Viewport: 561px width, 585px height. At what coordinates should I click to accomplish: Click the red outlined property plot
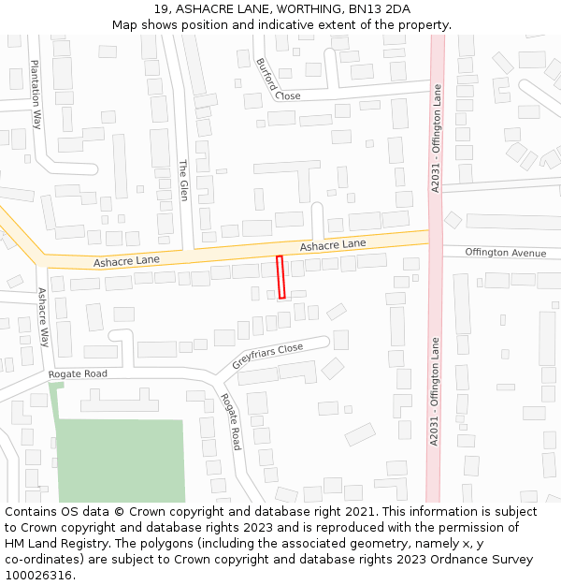pyautogui.click(x=280, y=277)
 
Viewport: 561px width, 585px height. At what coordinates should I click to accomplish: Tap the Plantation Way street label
pyautogui.click(x=36, y=94)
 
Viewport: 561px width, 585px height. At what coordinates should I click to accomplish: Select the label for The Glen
pyautogui.click(x=183, y=180)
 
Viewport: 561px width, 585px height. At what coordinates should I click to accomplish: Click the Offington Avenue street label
pyautogui.click(x=505, y=253)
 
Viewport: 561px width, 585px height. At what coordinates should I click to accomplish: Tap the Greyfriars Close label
pyautogui.click(x=267, y=356)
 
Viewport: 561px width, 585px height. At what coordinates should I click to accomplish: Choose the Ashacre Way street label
pyautogui.click(x=43, y=316)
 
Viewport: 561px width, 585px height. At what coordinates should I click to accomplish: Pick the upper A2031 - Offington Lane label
pyautogui.click(x=435, y=139)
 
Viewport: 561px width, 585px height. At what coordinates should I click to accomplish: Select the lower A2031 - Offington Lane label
pyautogui.click(x=434, y=391)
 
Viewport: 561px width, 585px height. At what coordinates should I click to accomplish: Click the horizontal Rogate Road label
pyautogui.click(x=78, y=374)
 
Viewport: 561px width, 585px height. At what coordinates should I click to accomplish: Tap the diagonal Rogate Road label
pyautogui.click(x=230, y=421)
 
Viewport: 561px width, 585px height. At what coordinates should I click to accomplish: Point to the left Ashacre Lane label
pyautogui.click(x=126, y=259)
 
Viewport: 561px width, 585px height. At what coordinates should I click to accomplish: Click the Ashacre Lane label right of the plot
pyautogui.click(x=333, y=244)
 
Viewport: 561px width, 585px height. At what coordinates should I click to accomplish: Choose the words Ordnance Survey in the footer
pyautogui.click(x=482, y=560)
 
